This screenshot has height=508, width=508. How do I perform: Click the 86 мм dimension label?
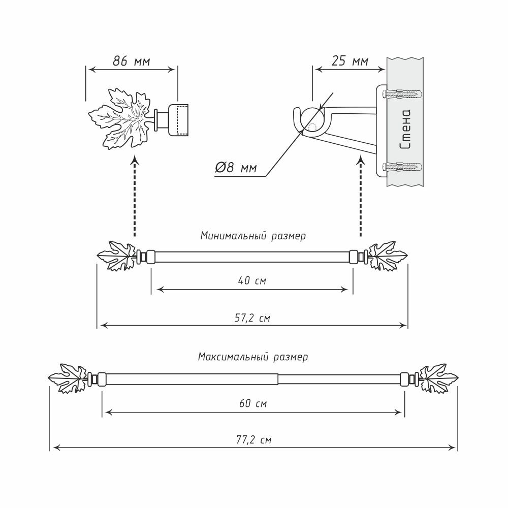pos(131,61)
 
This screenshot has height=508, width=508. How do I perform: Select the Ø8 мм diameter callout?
pos(236,168)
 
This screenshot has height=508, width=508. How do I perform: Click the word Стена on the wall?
pos(405,130)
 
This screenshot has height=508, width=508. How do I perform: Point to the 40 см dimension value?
pos(252,280)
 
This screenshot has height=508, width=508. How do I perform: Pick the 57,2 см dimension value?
pos(252,319)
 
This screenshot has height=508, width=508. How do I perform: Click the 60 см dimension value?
pos(252,404)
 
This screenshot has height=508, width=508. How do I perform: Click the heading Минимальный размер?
pos(252,236)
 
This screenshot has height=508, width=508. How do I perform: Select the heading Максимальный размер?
pos(252,357)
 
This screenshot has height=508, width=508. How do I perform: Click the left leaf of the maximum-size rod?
pos(69,379)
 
